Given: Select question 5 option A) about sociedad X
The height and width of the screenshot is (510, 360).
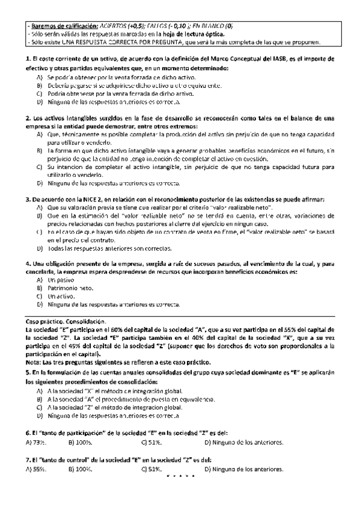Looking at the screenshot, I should point(102,391).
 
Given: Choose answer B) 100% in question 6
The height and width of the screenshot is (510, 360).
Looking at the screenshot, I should point(80,443).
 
